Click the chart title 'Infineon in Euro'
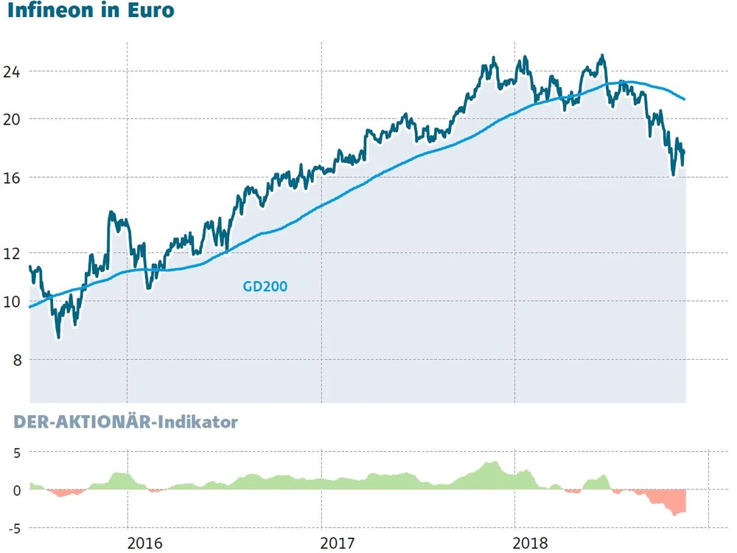(91, 12)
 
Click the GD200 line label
(265, 287)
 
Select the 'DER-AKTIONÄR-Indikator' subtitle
(122, 422)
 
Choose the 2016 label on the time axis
(144, 544)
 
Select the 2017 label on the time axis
(338, 544)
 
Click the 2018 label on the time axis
(531, 544)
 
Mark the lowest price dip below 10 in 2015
(58, 336)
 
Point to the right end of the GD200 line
(685, 99)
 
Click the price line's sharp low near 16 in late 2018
(674, 175)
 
